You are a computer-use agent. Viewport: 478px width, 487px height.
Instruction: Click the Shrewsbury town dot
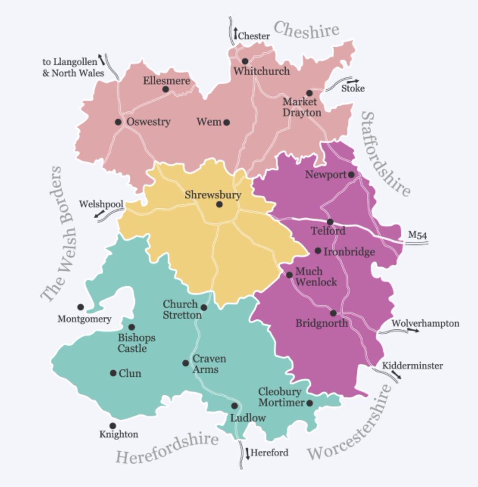point(219,205)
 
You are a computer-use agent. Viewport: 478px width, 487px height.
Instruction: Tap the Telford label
point(328,231)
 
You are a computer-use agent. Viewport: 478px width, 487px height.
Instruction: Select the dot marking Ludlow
point(234,406)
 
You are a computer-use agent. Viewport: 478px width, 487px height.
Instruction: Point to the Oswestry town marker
point(118,122)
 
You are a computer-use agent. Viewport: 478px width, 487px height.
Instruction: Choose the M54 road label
point(417,235)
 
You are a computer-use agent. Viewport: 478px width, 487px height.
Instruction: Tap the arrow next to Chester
point(235,32)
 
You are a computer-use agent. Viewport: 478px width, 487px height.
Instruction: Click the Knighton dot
point(112,426)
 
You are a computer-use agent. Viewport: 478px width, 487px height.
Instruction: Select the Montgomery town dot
point(80,307)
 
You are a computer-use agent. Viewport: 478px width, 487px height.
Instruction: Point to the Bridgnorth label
point(321,323)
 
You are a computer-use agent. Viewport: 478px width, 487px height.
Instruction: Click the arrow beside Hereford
point(247,453)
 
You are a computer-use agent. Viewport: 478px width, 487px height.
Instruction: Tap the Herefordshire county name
point(167,448)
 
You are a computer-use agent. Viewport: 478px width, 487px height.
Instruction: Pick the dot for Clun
point(113,373)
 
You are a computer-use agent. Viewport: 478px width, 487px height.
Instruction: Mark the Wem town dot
point(227,122)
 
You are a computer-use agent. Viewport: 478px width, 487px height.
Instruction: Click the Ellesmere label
point(167,81)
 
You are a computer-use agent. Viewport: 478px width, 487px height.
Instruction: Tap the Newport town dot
point(351,175)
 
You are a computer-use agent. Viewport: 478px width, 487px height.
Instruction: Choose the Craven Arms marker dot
point(186,363)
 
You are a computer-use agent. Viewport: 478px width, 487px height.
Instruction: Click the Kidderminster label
point(412,366)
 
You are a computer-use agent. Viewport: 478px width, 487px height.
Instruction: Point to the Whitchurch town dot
point(245,61)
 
